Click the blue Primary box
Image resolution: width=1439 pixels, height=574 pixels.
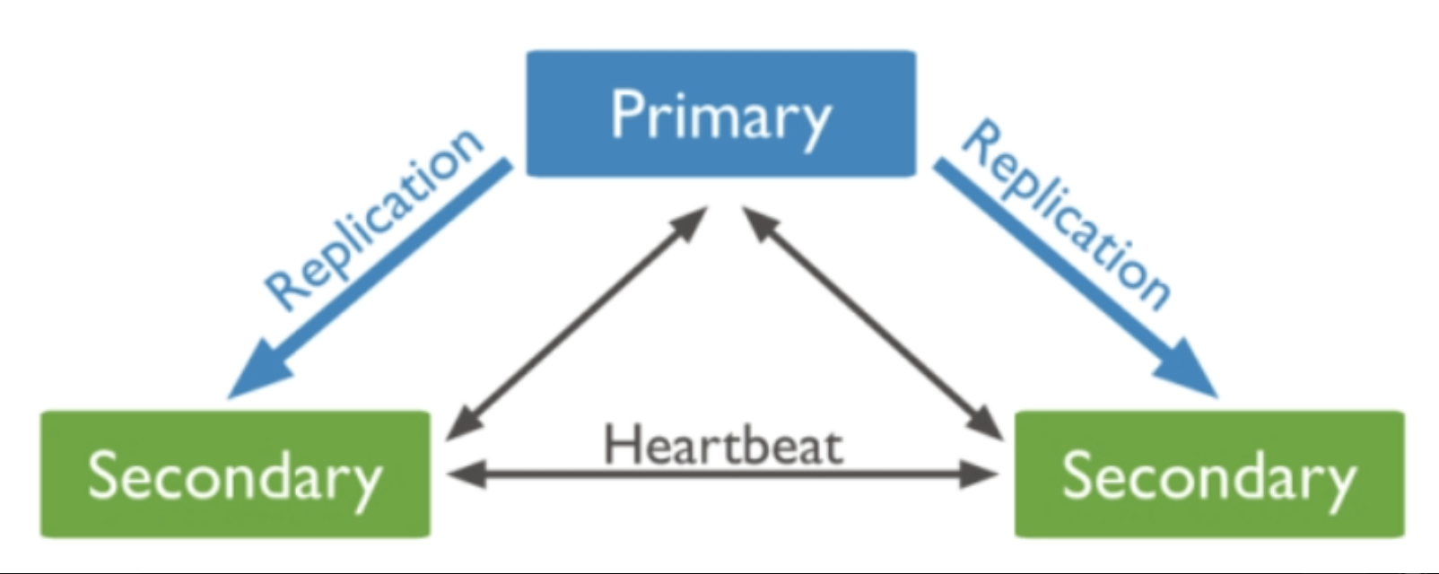tap(721, 113)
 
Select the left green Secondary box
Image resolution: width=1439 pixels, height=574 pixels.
tap(235, 474)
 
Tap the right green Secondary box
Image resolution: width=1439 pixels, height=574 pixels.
tap(1209, 474)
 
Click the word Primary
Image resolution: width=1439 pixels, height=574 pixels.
tap(720, 117)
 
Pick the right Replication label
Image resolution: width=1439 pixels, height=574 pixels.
tap(1067, 216)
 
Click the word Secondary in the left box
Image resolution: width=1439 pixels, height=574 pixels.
tap(235, 476)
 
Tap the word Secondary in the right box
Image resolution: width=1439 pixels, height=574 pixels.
tap(1209, 476)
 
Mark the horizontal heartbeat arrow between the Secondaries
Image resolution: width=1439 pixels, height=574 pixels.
tap(723, 475)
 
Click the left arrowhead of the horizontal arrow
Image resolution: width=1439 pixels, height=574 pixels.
tap(467, 475)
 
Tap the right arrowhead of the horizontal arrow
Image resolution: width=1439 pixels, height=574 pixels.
tap(981, 475)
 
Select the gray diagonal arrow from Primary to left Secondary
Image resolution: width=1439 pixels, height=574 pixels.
tap(576, 323)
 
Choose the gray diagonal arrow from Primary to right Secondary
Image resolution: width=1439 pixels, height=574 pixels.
tap(873, 323)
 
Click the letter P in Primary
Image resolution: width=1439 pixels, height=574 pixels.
tap(628, 113)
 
